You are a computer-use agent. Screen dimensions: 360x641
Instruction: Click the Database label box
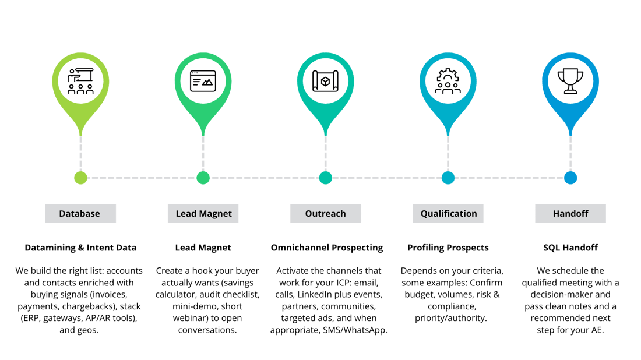coord(80,214)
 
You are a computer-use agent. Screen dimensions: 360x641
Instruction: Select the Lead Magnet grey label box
coord(203,214)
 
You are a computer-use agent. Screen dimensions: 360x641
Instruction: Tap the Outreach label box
coord(325,214)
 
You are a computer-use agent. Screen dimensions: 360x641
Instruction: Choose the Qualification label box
coord(448,214)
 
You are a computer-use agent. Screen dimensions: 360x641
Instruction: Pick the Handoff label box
coord(570,214)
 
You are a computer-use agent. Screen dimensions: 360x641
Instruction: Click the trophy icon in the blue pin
coord(570,81)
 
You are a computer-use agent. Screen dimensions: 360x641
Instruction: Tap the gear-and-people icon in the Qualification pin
coord(448,81)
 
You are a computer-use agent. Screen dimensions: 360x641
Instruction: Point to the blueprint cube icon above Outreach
coord(325,81)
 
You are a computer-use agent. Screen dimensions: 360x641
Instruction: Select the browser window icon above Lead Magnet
coord(203,81)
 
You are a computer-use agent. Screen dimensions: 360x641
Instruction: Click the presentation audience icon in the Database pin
coord(80,81)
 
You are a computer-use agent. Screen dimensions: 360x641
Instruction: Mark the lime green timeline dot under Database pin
coord(80,178)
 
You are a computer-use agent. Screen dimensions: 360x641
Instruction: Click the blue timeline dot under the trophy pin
coord(570,178)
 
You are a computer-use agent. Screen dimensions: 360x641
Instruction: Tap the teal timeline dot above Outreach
coord(325,178)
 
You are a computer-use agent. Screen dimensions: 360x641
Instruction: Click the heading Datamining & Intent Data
coord(80,248)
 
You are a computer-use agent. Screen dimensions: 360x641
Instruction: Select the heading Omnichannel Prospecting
coord(326,248)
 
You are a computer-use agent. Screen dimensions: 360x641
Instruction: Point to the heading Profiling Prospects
coord(448,248)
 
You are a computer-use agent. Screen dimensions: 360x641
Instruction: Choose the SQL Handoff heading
coord(570,248)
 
